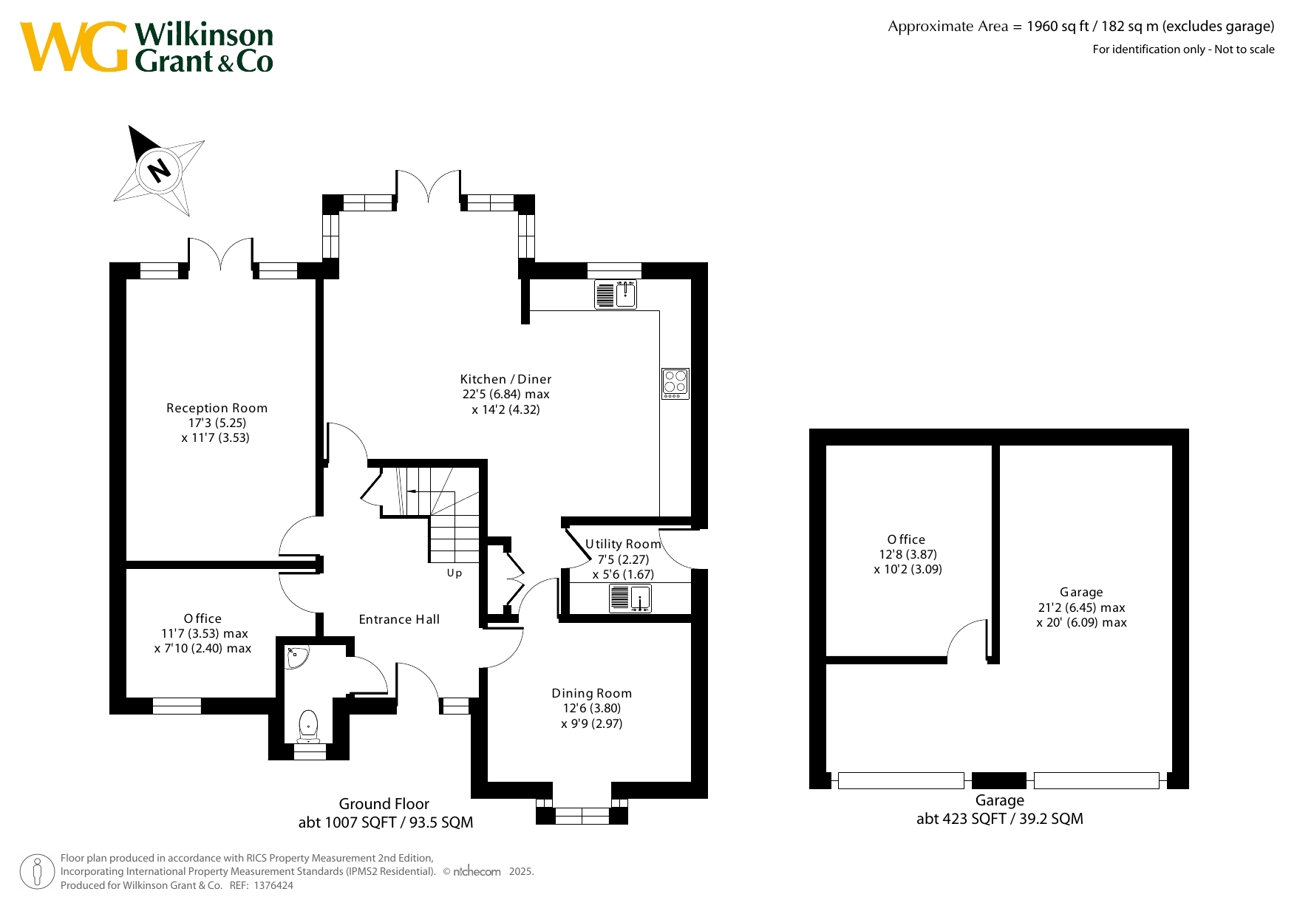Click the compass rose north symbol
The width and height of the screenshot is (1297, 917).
coord(159,171)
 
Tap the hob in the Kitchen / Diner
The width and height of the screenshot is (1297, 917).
coord(675,383)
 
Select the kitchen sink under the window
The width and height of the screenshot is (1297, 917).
coord(616,294)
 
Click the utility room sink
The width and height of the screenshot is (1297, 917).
coord(630,598)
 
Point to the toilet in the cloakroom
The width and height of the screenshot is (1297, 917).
coord(307,726)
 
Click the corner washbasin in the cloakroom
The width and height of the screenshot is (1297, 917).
coord(296,657)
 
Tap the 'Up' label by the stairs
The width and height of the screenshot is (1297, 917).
coord(455,573)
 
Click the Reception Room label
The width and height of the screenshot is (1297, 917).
coord(217,408)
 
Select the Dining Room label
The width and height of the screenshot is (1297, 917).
coord(592,693)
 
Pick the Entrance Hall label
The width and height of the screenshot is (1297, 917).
coord(399,619)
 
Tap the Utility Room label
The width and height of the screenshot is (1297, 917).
coord(623,544)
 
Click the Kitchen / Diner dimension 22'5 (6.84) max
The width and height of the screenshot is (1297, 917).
coord(506,395)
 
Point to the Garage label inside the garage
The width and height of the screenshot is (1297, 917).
coord(1081,592)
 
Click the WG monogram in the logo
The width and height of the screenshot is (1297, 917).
coord(74,47)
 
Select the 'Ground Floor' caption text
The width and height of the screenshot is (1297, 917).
coord(384,804)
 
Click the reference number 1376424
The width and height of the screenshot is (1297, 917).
coord(273,885)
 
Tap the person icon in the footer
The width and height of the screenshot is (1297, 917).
coord(37,872)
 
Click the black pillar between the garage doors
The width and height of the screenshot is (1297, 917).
coord(999,780)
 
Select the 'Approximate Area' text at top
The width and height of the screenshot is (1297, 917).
coord(948,27)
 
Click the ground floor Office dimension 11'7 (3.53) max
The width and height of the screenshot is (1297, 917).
coord(205,633)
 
